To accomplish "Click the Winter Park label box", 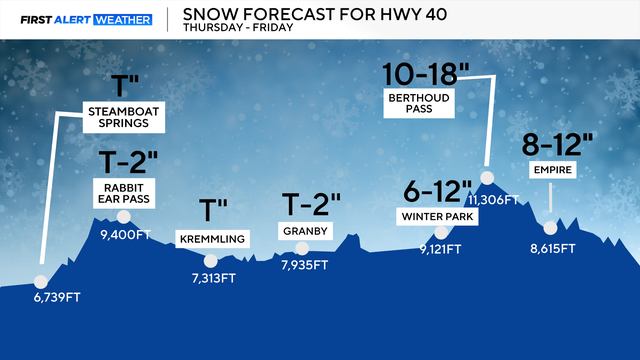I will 437,215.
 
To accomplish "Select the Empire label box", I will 551,171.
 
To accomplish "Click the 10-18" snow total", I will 425,73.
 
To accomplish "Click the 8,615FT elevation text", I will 550,247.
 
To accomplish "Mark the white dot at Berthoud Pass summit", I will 486,178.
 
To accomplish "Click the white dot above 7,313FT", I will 209,260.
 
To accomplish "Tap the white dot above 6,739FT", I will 41,282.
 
